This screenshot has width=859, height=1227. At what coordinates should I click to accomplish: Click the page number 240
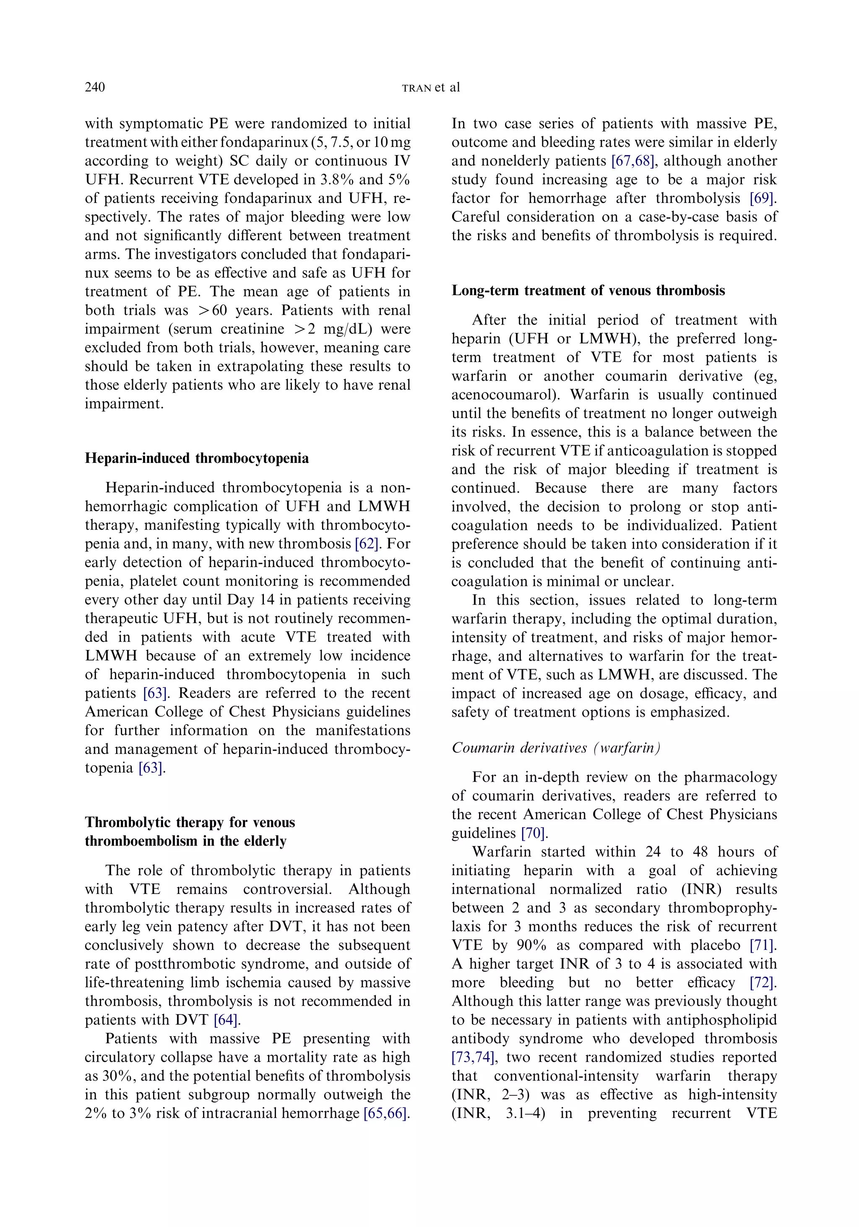click(x=95, y=87)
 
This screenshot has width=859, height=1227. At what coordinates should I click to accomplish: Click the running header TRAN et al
click(x=430, y=88)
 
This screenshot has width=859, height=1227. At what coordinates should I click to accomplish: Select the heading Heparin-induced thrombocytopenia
click(x=197, y=458)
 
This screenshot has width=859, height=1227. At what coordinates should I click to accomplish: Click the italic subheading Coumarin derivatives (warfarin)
click(x=556, y=747)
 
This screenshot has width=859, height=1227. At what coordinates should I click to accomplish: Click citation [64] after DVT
click(x=226, y=1020)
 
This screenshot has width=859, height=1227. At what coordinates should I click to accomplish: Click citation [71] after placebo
click(x=762, y=945)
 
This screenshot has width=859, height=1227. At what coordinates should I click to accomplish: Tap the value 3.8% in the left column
click(x=327, y=179)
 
